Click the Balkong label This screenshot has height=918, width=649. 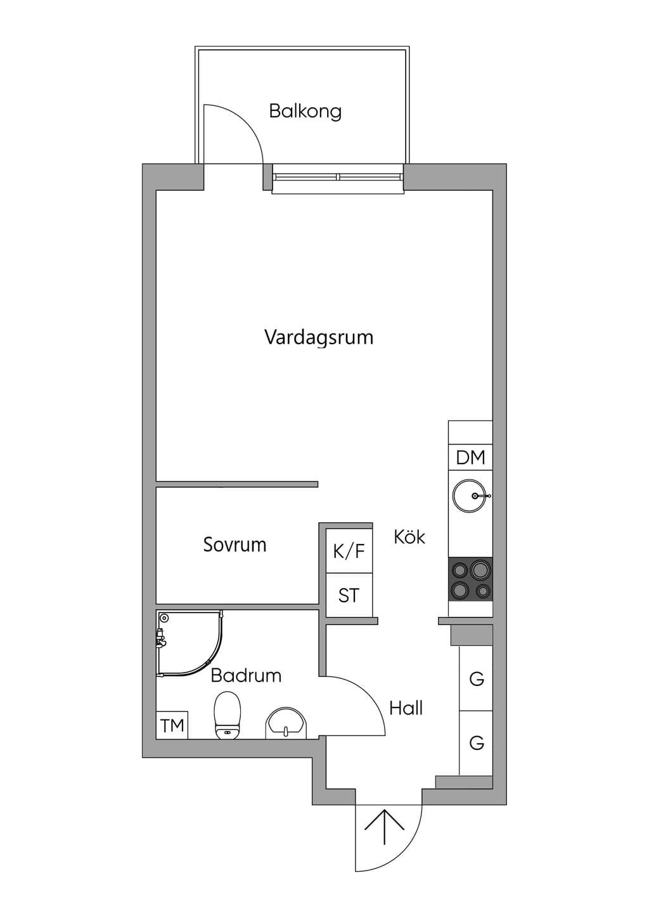(x=305, y=112)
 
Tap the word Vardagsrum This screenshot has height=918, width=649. (x=319, y=338)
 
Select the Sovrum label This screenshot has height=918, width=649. (x=235, y=545)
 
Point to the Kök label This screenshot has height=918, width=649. (x=409, y=536)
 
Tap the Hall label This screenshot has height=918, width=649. (x=406, y=708)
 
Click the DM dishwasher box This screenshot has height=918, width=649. (x=470, y=457)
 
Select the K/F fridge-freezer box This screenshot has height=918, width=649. (x=349, y=551)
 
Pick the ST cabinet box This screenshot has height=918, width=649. (x=349, y=595)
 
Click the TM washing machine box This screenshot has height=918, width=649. (x=172, y=725)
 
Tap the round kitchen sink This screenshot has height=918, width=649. (x=470, y=496)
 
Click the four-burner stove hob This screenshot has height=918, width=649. (x=470, y=579)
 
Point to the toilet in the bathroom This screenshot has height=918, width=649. (x=228, y=716)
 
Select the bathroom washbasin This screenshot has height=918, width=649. (x=286, y=724)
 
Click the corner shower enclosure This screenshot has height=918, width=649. (x=190, y=643)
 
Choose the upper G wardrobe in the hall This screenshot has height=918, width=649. (x=476, y=679)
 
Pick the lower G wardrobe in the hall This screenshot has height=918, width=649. (x=476, y=743)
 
